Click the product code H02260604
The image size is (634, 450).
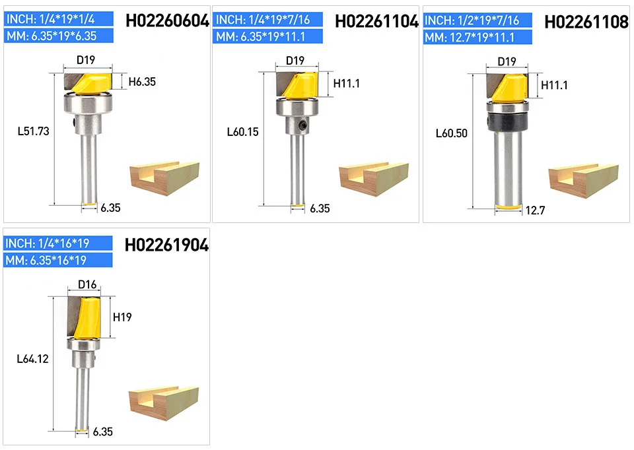pyautogui.click(x=167, y=20)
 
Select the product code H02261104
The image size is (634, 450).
pyautogui.click(x=376, y=21)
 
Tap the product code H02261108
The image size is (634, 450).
pyautogui.click(x=586, y=22)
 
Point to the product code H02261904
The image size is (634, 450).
pyautogui.click(x=166, y=245)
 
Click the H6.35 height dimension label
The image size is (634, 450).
pyautogui.click(x=142, y=82)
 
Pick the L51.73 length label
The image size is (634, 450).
pyautogui.click(x=34, y=131)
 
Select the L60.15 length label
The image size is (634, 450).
pyautogui.click(x=242, y=132)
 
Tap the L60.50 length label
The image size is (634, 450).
pyautogui.click(x=452, y=133)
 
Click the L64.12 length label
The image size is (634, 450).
pyautogui.click(x=33, y=359)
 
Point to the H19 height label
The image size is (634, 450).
pyautogui.click(x=122, y=317)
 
